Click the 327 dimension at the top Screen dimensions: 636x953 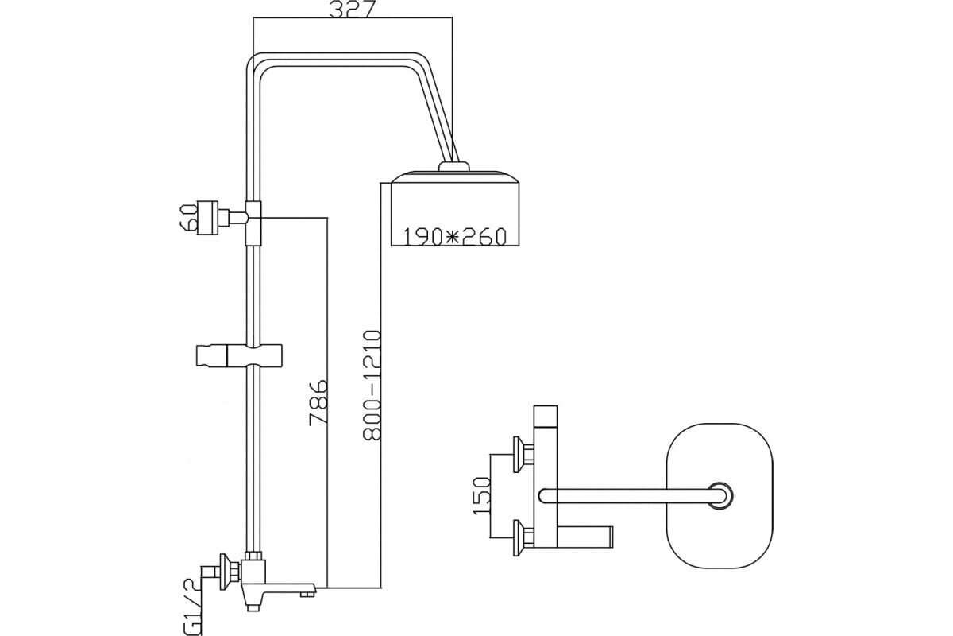tap(353, 10)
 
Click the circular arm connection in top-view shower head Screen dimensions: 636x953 tap(720, 495)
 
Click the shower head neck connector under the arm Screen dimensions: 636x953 tap(454, 166)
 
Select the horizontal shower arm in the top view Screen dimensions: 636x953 tap(627, 496)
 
